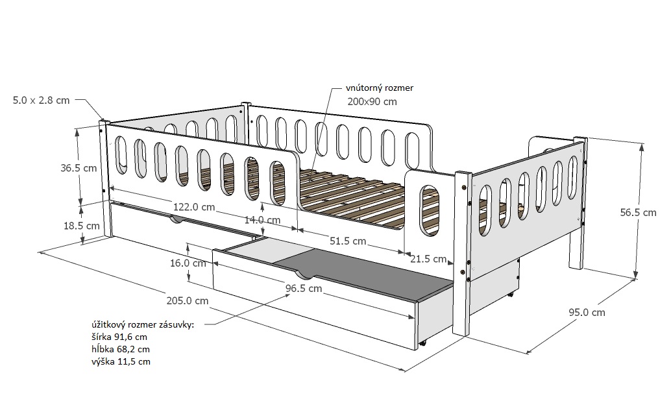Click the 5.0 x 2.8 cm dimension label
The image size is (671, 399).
coord(41,100)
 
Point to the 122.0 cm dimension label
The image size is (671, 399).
coord(193,207)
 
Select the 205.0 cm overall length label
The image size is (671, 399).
coord(188,300)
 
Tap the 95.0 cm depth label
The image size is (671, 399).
coord(587,312)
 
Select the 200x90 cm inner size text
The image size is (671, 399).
coord(372,101)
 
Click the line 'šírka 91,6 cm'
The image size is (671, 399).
coord(119,337)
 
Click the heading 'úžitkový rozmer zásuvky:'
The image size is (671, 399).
coord(143,325)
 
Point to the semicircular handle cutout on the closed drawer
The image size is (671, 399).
coord(177,221)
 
